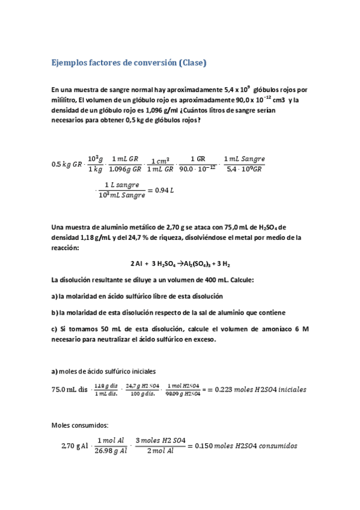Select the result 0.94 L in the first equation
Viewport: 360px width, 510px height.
163,190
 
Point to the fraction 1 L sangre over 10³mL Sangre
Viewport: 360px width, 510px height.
121,190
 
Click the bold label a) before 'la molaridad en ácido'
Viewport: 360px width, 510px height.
55,296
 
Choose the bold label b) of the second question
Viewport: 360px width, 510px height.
55,312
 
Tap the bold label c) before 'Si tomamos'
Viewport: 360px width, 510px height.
55,329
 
